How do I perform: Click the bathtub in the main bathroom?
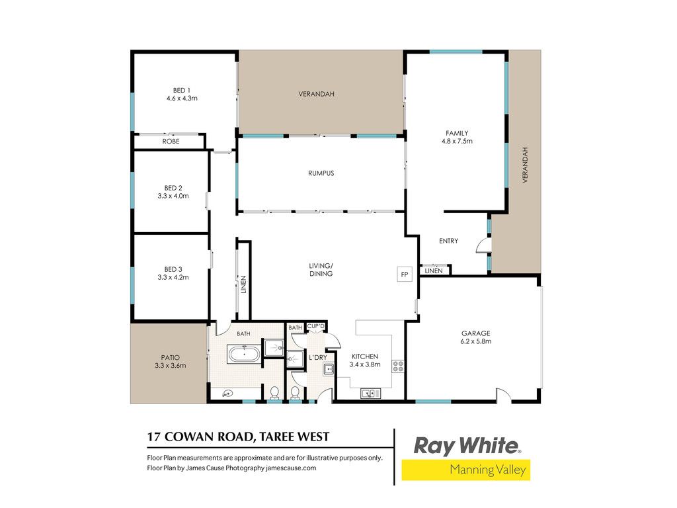pos(244,354)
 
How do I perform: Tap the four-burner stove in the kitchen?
pos(397,366)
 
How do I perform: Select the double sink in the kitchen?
pos(370,393)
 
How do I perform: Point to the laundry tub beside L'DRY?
pos(329,369)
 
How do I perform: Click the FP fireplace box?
pos(405,275)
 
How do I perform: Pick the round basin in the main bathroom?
pos(227,393)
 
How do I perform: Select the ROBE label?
pos(171,142)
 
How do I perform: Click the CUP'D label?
pos(315,326)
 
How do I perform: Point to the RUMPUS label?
pos(321,173)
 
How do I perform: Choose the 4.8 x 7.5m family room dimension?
pos(457,141)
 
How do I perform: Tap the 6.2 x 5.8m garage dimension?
pos(476,341)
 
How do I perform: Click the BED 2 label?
pos(173,188)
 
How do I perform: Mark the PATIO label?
pos(171,358)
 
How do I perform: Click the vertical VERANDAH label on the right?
pos(525,165)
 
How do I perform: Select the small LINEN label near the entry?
pos(434,271)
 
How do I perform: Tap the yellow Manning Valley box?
pos(466,470)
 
